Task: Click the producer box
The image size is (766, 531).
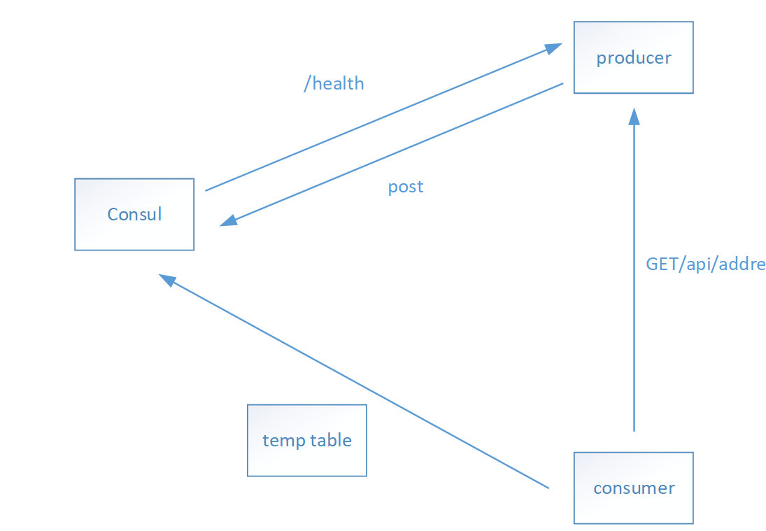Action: pos(633,57)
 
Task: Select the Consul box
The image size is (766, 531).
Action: pos(134,215)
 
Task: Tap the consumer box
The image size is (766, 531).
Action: pos(633,488)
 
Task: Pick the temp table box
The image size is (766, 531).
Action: pos(307,441)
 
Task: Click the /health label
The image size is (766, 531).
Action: pos(334,83)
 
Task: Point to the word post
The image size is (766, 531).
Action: pos(406,187)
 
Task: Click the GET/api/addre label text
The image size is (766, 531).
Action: pos(705,264)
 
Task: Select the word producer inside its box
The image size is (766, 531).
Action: pos(634,58)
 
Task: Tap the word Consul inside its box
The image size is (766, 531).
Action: pos(134,215)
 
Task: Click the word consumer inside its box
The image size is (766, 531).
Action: pos(634,488)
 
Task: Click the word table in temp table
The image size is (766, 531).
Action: pos(331,440)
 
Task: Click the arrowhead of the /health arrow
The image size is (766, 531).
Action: pos(554,48)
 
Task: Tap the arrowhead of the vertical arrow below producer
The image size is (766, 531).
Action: pos(634,116)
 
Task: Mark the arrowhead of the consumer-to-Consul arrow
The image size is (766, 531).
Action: pos(166,280)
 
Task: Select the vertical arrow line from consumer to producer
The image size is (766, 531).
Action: pos(634,269)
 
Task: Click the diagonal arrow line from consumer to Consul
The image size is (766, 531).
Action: pos(354,381)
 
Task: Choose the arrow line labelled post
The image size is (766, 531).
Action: pos(391,155)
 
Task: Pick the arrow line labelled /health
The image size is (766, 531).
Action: pos(383,117)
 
